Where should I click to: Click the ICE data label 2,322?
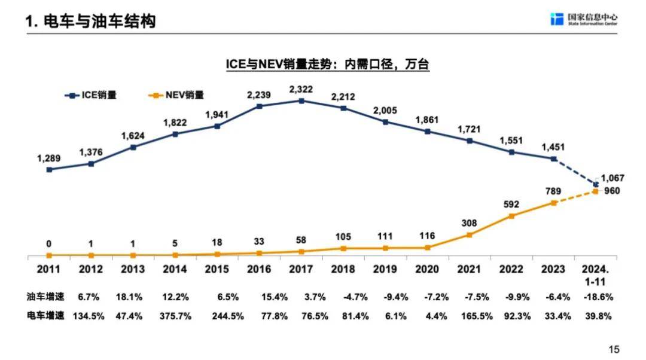[x=301, y=89]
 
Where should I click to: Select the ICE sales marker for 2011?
[x=49, y=169]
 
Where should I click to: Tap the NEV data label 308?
[x=470, y=223]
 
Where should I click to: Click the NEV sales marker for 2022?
[x=511, y=216]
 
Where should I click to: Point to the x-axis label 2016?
[x=259, y=269]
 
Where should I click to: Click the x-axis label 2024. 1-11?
[x=596, y=274]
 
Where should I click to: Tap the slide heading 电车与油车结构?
[x=90, y=22]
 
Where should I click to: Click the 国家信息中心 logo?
[x=584, y=19]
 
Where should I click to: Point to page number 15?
[x=614, y=349]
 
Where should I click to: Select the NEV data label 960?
[x=613, y=191]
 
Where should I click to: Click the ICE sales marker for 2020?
[x=428, y=131]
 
